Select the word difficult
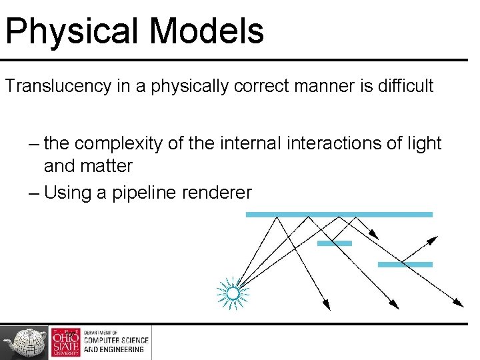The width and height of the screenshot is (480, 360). [x=407, y=86]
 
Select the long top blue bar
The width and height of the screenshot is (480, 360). [x=339, y=215]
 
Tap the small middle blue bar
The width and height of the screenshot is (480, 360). [x=334, y=243]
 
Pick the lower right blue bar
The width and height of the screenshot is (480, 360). [x=405, y=265]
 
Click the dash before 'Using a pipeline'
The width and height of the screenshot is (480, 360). [x=34, y=193]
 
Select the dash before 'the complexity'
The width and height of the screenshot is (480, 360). [x=34, y=144]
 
